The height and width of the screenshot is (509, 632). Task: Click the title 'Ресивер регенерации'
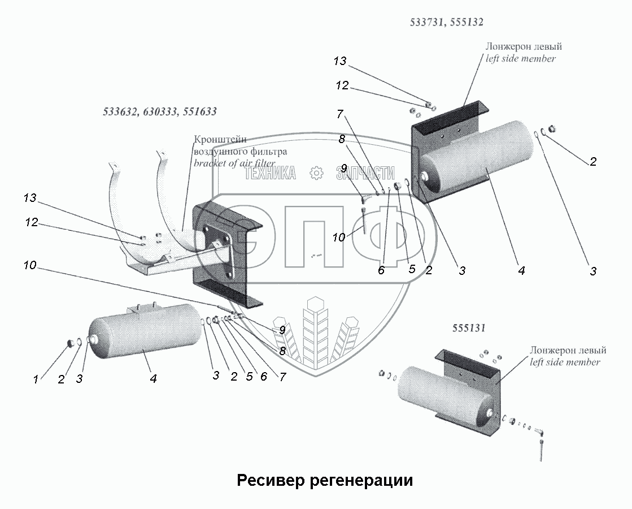pyautogui.click(x=325, y=481)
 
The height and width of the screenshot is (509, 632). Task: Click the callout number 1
pyautogui.click(x=36, y=380)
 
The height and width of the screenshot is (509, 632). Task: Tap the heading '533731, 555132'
pyautogui.click(x=446, y=23)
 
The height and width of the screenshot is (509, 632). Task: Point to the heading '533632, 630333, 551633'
pyautogui.click(x=160, y=112)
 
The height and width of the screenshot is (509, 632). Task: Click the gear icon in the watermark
pyautogui.click(x=316, y=173)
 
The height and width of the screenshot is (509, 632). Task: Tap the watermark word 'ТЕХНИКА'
pyautogui.click(x=270, y=173)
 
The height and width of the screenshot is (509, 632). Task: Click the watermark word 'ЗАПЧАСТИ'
pyautogui.click(x=365, y=173)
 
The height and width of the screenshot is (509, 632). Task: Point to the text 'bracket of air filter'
pyautogui.click(x=234, y=163)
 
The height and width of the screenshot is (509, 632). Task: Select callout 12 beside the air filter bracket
pyautogui.click(x=31, y=223)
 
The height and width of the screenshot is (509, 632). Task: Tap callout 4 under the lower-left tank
pyautogui.click(x=153, y=379)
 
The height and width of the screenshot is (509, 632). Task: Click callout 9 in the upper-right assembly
pyautogui.click(x=343, y=169)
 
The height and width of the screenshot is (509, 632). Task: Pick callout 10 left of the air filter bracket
pyautogui.click(x=31, y=265)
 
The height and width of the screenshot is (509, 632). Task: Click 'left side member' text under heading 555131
pyautogui.click(x=565, y=362)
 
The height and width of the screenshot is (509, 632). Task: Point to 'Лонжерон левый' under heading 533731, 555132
pyautogui.click(x=524, y=47)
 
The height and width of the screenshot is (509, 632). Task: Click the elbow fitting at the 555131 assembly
pyautogui.click(x=541, y=433)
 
